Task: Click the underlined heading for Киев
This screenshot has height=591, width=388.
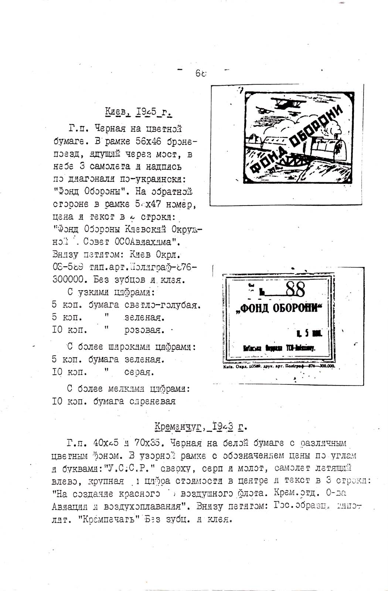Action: click(139, 111)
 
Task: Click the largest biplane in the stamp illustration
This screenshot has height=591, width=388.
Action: click(286, 104)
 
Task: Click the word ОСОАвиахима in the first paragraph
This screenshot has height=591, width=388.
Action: click(147, 242)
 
